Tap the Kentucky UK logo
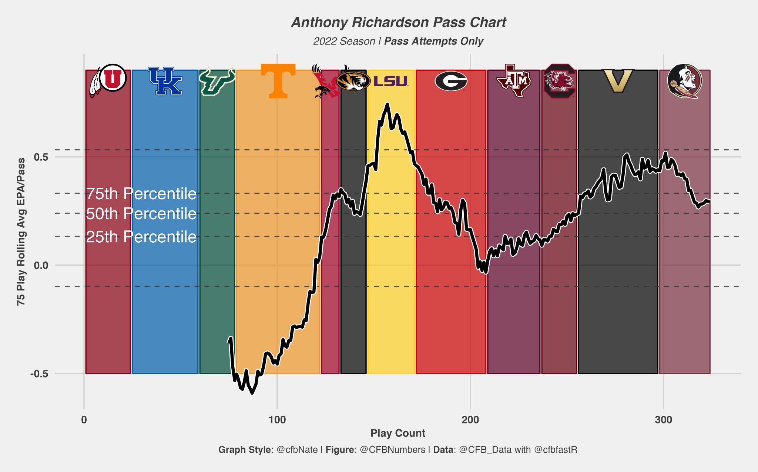coord(165,81)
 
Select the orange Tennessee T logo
coord(278,81)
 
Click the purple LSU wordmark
coord(390,81)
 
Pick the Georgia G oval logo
coord(451,81)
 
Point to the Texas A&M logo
coord(514,81)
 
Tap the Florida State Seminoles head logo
coord(685,81)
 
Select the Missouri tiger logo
coord(353,81)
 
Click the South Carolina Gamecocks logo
coord(559,81)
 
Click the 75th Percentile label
coord(141,194)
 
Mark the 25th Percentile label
coord(141,237)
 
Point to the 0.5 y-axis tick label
coord(41,157)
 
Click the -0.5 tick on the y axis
coord(39,374)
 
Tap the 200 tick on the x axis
coord(470,420)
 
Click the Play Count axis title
coord(398,433)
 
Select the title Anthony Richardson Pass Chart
coord(398,22)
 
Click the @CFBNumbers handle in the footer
coord(392,450)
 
